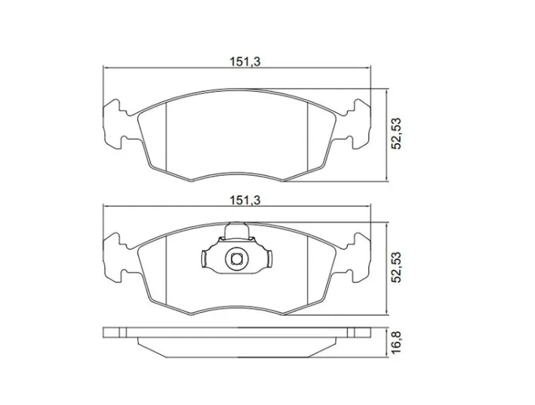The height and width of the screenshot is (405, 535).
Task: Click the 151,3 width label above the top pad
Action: pos(244,62)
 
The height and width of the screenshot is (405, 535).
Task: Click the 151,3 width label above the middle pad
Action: pos(244,200)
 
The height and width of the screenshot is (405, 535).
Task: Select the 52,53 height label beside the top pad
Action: pos(396,134)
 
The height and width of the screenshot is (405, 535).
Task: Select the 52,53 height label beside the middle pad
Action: pos(396,268)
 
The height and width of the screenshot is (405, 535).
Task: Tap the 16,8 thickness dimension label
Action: pos(396,343)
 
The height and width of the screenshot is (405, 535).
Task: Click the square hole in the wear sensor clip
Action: pos(236,259)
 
